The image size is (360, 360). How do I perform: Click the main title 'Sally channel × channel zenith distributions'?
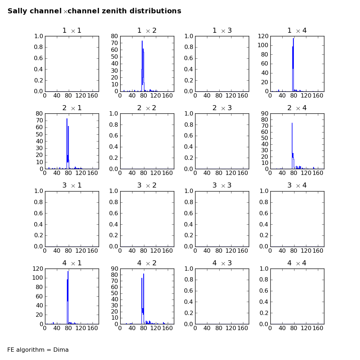click(94, 11)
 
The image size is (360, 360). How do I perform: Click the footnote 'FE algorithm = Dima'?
click(38, 350)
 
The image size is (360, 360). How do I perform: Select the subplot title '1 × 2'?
click(147, 31)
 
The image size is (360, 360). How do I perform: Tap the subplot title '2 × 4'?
click(297, 108)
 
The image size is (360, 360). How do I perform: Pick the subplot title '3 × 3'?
click(222, 185)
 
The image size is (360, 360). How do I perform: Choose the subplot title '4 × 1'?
click(72, 263)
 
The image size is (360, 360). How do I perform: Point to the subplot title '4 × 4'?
click(297, 263)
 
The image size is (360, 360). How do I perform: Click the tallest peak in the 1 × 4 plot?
click(293, 39)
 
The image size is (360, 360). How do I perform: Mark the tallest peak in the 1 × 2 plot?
click(142, 41)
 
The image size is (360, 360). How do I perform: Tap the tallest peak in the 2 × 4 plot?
click(292, 123)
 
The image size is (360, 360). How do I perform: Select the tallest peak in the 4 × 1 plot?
click(68, 271)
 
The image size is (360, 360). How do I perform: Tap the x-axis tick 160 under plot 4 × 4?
click(318, 328)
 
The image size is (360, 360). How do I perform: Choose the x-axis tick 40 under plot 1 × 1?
click(57, 96)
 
